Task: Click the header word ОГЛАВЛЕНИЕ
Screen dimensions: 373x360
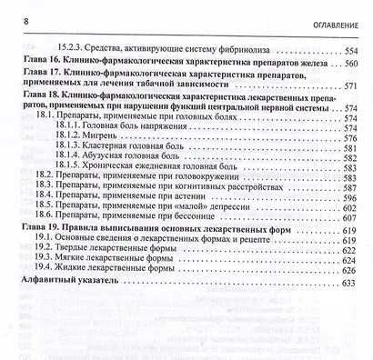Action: [332, 24]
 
